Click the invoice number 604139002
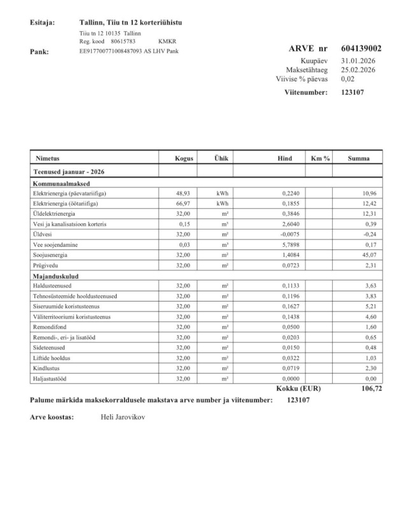pos(361,48)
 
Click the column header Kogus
pos(184,158)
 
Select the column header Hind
pos(285,158)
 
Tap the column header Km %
pos(320,158)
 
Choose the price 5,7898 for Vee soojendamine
pos(291,244)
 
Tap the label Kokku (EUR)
pos(295,387)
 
